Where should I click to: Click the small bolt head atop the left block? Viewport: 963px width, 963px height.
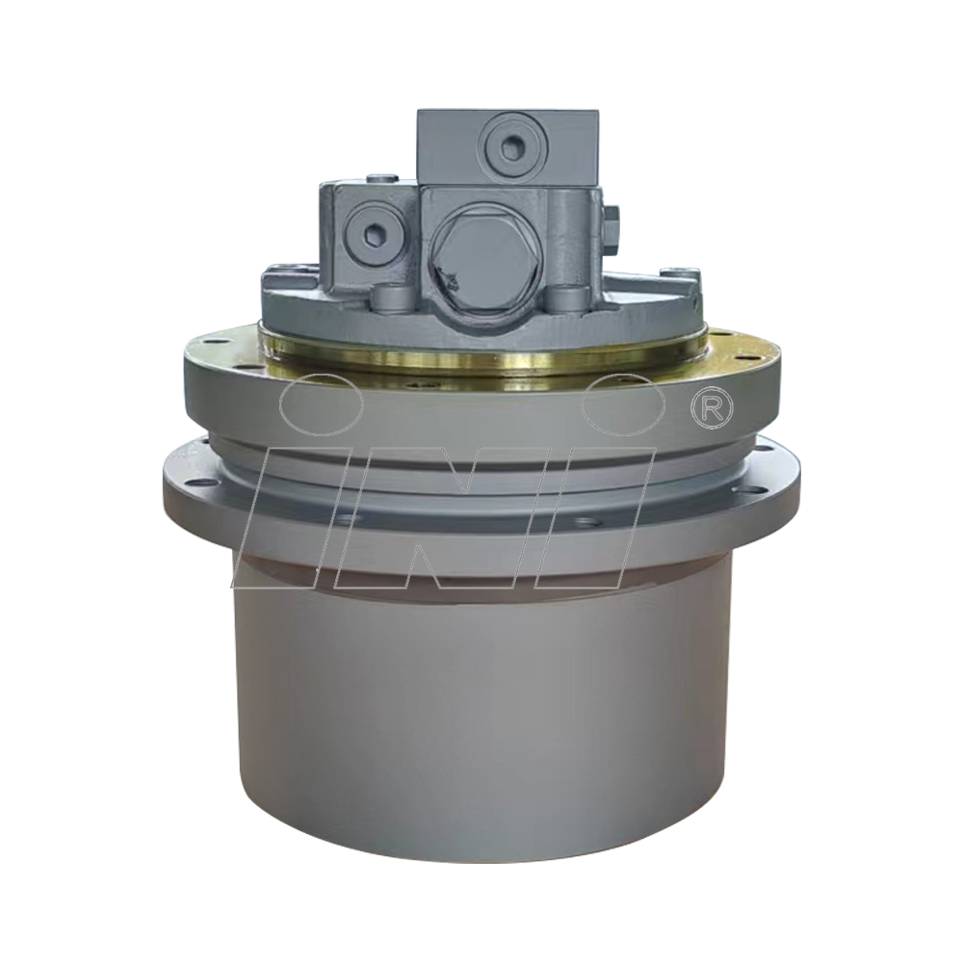coord(383,178)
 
